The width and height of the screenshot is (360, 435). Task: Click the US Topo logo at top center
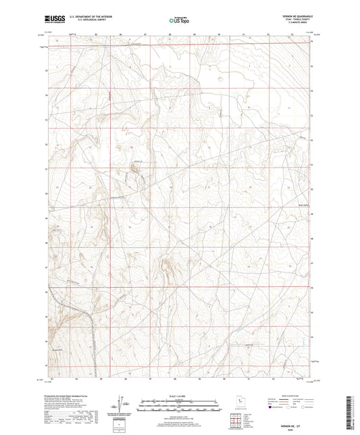coord(179,20)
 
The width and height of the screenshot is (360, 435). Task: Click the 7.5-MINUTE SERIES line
coord(295,24)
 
